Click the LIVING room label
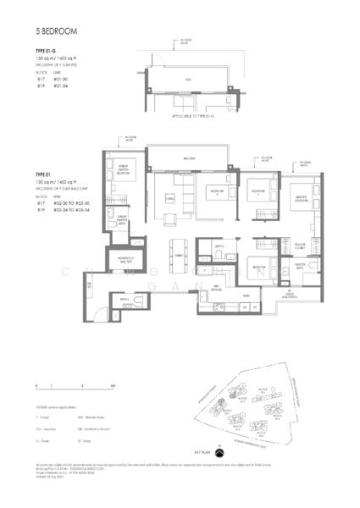[x=170, y=199]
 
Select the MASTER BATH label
[x=299, y=265]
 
